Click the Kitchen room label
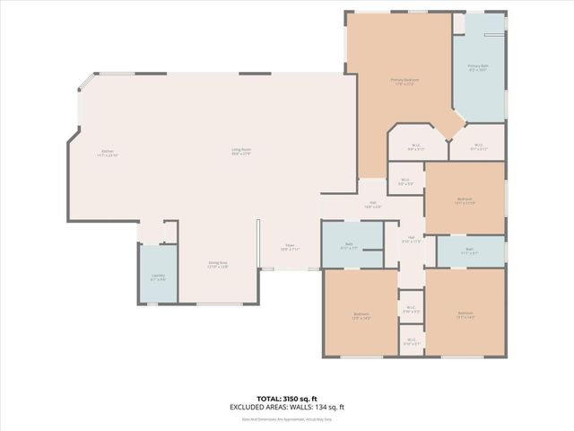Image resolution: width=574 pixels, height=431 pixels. pos(108,153)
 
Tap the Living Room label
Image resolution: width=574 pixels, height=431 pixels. pos(240,151)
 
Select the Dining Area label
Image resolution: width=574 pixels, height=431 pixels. pos(217,264)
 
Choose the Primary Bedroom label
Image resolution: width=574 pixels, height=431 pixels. pos(404,82)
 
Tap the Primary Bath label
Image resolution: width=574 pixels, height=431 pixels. pos(477,68)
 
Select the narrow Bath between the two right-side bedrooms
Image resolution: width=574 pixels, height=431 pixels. pos(469,251)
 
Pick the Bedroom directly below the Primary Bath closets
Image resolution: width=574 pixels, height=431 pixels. pos(464,200)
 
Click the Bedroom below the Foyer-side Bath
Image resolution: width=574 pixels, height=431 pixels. pos(360,315)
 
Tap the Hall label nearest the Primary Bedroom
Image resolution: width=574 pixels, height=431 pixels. pos(370,206)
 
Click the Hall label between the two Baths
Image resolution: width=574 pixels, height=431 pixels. pos(411,239)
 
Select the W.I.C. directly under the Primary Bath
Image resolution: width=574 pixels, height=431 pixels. pos(477,147)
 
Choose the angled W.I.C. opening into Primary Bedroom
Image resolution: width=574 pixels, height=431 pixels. pos(416,147)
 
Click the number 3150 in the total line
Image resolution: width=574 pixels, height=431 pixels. pos(298,398)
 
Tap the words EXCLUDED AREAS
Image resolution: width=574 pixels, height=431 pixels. pos(256,407)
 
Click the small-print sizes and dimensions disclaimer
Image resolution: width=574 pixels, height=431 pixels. pos(287,417)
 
